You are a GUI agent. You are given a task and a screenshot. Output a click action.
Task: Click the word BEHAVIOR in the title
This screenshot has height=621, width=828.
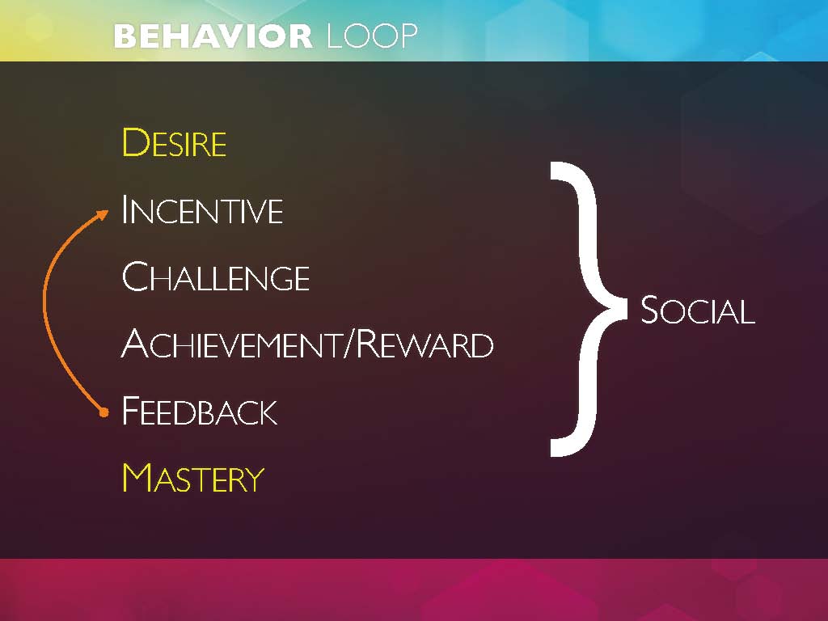pos(213,36)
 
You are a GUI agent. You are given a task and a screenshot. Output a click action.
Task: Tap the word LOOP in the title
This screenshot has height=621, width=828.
pos(372,36)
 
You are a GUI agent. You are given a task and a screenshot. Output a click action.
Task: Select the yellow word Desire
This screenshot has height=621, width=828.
pos(175,142)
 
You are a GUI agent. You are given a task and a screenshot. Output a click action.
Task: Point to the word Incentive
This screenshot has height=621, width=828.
pos(202,209)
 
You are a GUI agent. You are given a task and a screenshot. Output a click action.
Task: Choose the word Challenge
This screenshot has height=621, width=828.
pos(215,277)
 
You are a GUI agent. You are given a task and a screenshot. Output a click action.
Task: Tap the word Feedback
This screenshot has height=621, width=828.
pos(200,410)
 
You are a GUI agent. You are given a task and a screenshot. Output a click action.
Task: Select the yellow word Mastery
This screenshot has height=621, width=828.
pos(193,477)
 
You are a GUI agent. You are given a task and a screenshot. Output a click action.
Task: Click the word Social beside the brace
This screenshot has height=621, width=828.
pos(698,310)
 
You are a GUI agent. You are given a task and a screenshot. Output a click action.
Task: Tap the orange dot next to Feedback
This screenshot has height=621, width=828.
pos(104,412)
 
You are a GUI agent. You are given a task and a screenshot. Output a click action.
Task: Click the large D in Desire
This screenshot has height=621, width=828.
pos(136,142)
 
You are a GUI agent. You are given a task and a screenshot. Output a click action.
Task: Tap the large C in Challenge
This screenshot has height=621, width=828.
pos(136,277)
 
